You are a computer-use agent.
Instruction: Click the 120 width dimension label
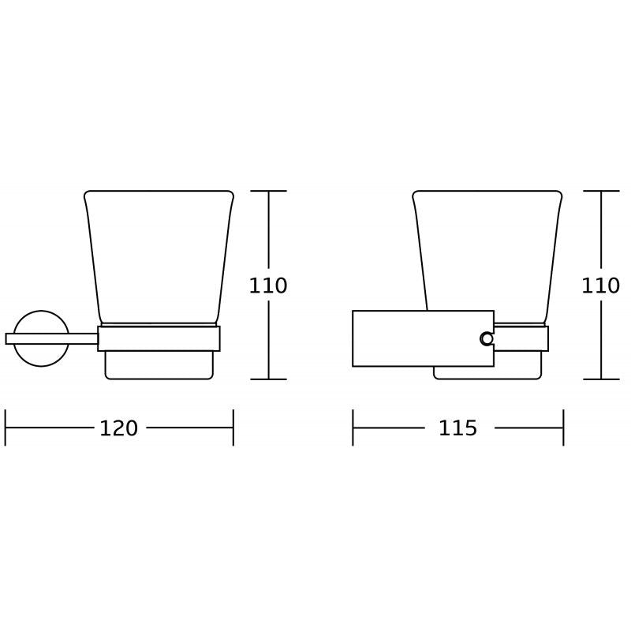[x=119, y=428]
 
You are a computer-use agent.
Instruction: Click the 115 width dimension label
[x=457, y=428]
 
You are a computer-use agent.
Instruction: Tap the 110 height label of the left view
[x=268, y=286]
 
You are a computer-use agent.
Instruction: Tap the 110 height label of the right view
[x=600, y=286]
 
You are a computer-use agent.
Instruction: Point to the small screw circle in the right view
[x=487, y=339]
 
